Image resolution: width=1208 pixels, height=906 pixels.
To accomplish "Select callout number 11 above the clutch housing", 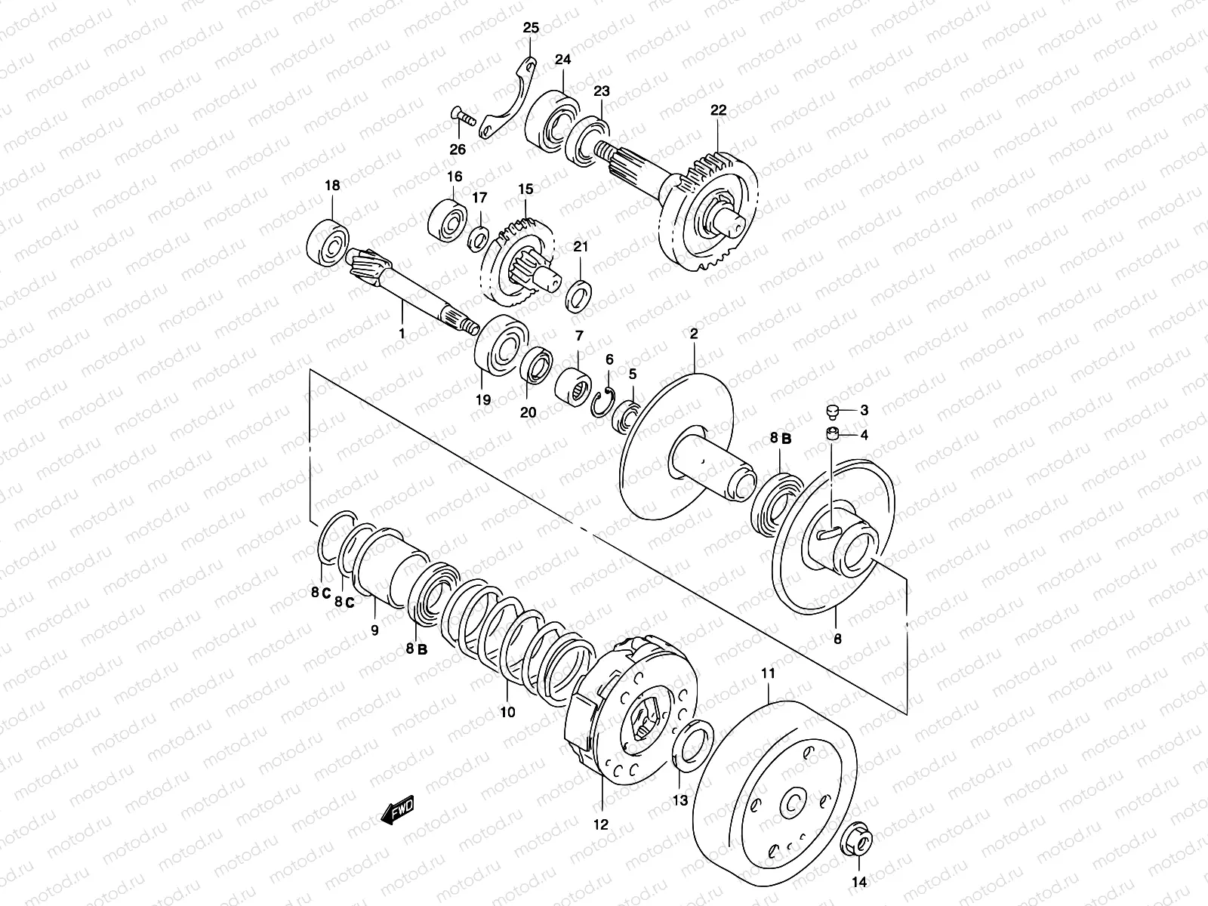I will click(x=768, y=673).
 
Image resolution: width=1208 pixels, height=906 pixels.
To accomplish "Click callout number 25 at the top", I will click(x=531, y=29).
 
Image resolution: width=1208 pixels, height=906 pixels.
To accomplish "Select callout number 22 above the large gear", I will click(x=717, y=110).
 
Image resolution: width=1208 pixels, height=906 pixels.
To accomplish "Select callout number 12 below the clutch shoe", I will click(x=600, y=825).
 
